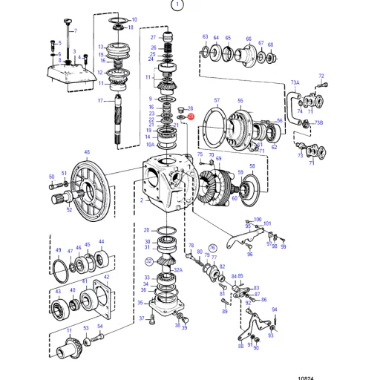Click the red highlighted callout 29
[x=191, y=117]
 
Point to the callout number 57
[x=217, y=99]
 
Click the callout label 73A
[x=295, y=82]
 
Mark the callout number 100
[x=258, y=219]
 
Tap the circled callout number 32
[x=148, y=261]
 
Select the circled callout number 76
[x=212, y=248]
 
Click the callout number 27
[x=153, y=37]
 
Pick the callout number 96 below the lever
[x=249, y=255]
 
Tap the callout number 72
[x=321, y=76]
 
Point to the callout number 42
[x=106, y=277]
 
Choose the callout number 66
[x=249, y=39]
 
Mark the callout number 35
[x=140, y=303]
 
